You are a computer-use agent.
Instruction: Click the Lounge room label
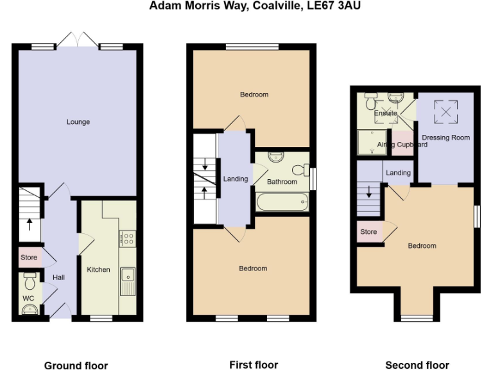[x=78, y=122]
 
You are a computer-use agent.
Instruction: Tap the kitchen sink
[x=127, y=281]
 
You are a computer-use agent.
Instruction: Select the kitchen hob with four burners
[x=127, y=239]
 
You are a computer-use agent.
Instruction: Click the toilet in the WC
[x=30, y=281]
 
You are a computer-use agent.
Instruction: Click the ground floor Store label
[x=29, y=258]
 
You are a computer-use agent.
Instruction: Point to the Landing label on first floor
[x=235, y=179]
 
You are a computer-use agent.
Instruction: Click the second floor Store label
[x=368, y=232]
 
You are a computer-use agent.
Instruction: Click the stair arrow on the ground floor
[x=29, y=225]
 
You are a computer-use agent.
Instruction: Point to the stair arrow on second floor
[x=369, y=191]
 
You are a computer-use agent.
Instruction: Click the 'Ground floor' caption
[x=76, y=366]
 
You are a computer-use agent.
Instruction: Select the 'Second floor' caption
[x=417, y=365]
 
